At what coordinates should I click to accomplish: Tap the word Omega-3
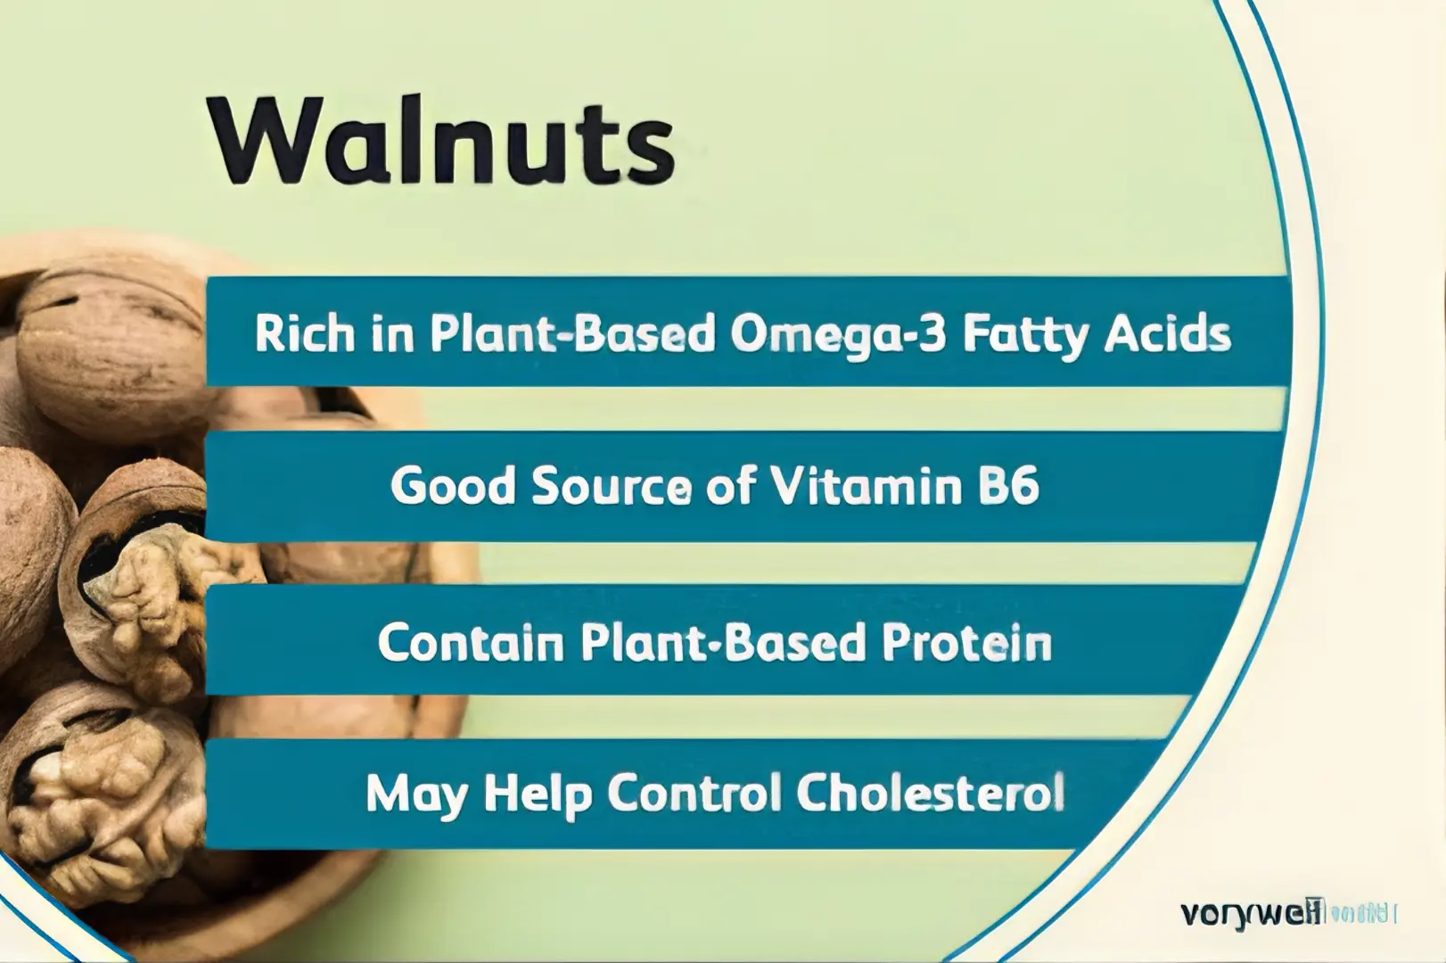826,333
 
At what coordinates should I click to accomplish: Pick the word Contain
471,642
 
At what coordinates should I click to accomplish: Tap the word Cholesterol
930,793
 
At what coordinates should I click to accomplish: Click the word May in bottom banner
416,793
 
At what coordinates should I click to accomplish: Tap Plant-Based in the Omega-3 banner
571,333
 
